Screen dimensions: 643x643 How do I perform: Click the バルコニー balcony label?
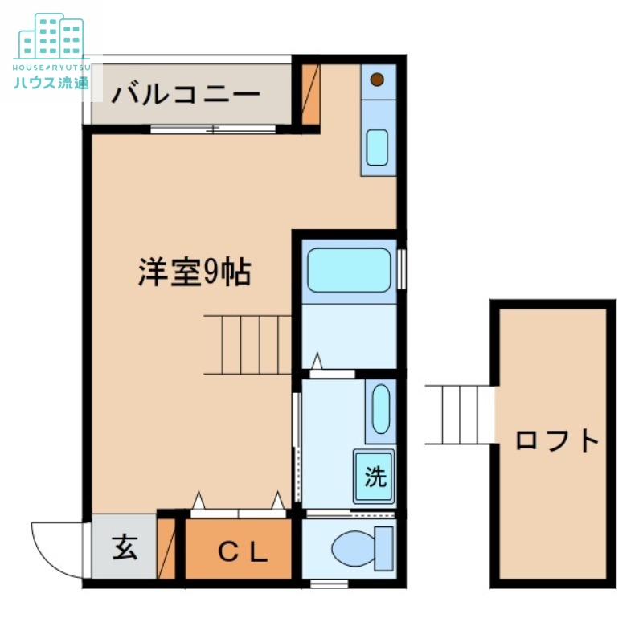click(x=186, y=94)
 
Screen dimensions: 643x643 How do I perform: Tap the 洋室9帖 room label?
click(x=195, y=273)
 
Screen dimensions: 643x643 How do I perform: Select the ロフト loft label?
click(x=558, y=440)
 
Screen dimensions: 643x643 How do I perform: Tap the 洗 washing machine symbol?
click(x=375, y=477)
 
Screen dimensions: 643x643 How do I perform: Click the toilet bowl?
click(x=352, y=549)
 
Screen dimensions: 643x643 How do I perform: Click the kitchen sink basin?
click(x=377, y=147)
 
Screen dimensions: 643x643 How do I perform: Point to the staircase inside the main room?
click(x=247, y=345)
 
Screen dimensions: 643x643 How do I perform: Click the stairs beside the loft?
click(x=459, y=415)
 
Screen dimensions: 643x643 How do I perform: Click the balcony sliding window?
click(x=214, y=129)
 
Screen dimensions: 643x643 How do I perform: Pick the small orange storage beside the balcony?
click(x=310, y=94)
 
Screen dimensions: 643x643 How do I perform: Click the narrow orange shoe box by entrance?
click(x=166, y=549)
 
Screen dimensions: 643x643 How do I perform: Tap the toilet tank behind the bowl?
click(x=384, y=549)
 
